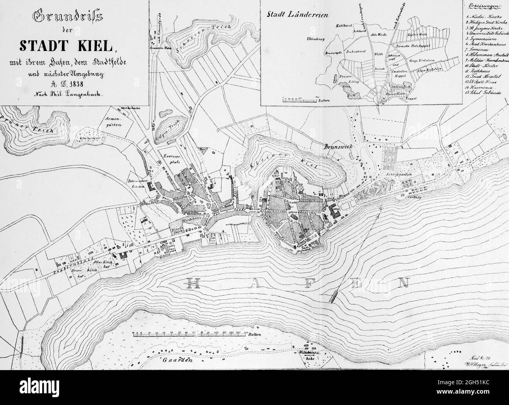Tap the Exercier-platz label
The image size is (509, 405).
click(170, 159)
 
